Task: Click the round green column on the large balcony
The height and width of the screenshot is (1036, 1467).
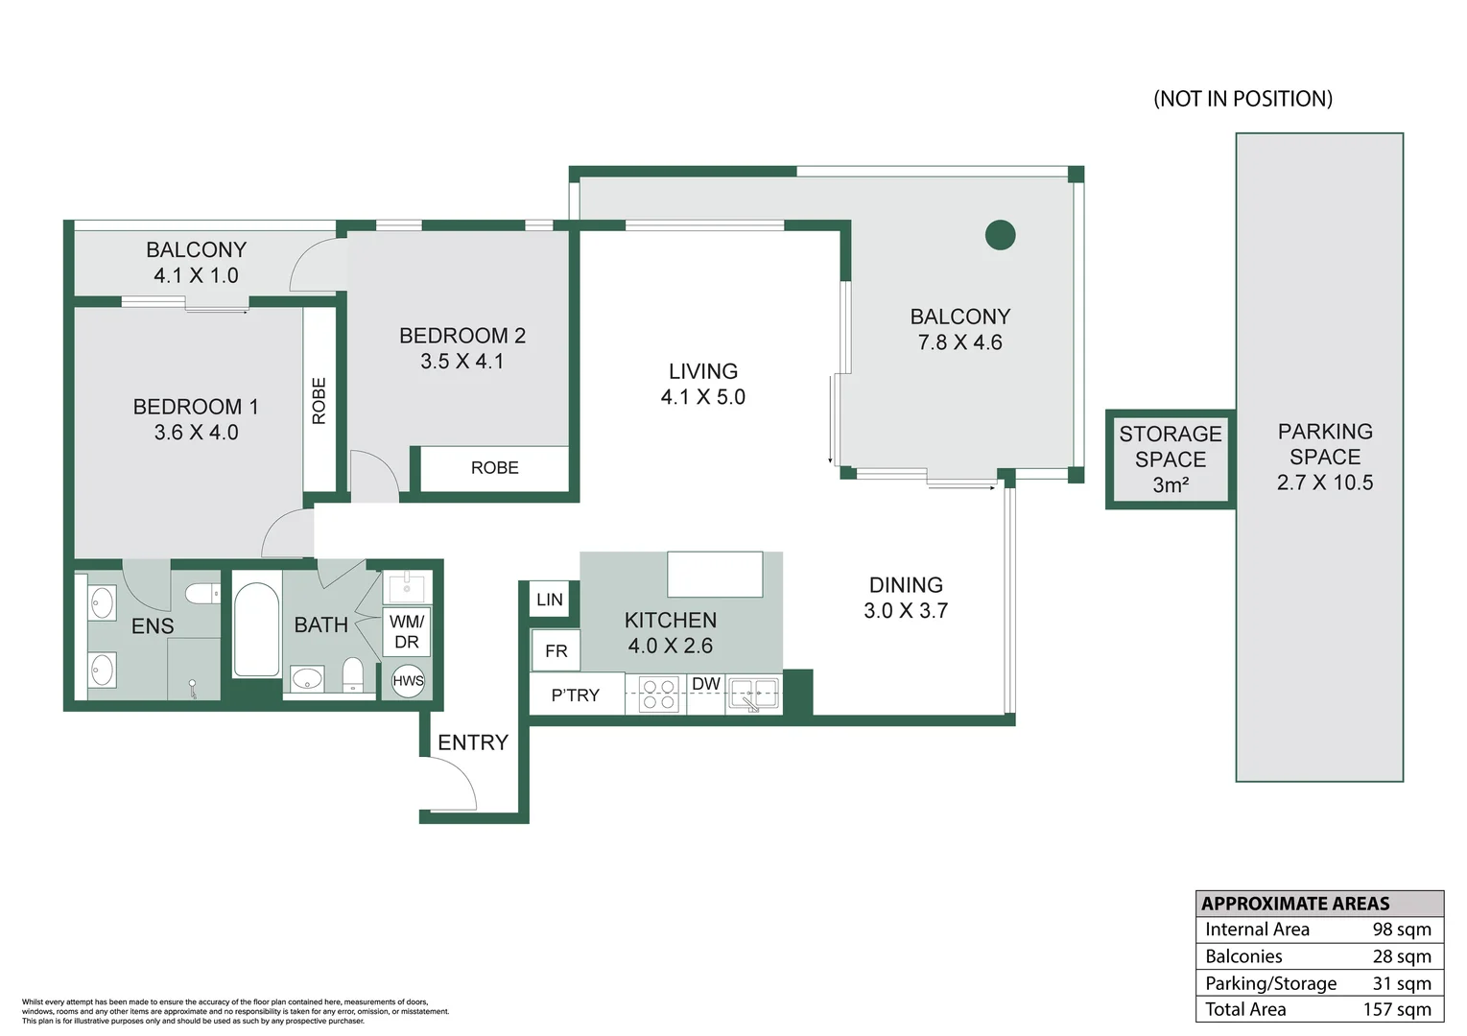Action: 1000,234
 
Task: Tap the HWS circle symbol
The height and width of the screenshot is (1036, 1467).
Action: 408,681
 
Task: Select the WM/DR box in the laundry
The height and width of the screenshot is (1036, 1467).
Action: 407,632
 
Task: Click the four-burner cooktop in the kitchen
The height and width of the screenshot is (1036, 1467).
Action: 658,695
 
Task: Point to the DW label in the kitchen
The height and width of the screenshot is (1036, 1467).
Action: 706,684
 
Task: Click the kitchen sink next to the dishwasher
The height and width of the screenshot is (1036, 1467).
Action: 753,695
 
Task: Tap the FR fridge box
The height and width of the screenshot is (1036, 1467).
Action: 556,651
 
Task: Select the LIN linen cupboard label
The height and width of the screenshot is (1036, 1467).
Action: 550,600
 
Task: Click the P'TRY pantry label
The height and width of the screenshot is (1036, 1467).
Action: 575,695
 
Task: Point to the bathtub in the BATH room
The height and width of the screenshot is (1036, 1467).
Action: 257,628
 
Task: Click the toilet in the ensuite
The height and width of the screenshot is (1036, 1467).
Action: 202,594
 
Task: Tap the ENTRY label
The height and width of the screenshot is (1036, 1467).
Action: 473,742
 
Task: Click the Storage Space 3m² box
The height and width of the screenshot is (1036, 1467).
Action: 1170,459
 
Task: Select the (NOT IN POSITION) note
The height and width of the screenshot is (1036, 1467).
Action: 1242,99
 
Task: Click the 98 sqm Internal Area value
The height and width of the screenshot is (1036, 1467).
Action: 1401,930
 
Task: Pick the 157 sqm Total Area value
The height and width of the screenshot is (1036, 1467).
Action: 1396,1009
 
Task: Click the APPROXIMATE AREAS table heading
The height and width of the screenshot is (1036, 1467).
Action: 1295,904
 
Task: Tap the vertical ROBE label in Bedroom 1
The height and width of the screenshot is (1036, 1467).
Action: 319,400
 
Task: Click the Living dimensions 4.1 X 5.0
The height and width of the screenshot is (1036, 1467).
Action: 702,397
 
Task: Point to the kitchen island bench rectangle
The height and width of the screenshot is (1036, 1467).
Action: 715,574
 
